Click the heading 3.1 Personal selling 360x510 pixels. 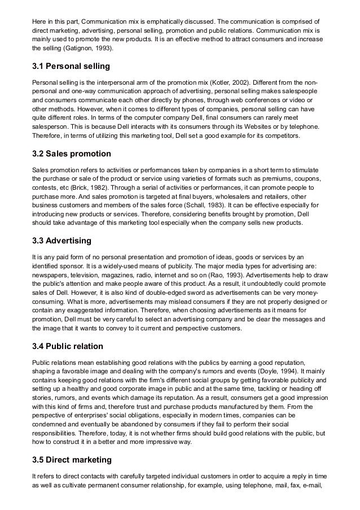71,67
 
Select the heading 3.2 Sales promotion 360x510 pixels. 71,154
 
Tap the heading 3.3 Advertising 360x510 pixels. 62,241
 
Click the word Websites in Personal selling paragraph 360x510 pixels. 262,127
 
